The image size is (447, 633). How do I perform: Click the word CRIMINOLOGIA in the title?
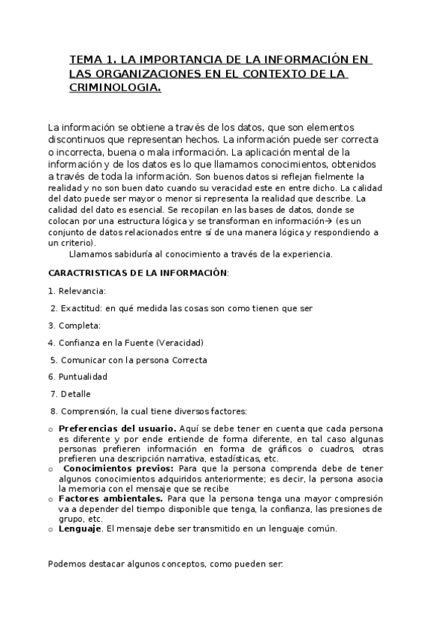115,88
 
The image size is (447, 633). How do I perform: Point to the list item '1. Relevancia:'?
77,290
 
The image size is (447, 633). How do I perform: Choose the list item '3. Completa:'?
74,325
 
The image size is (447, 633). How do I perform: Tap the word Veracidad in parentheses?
179,343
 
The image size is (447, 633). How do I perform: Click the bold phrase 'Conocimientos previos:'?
120,468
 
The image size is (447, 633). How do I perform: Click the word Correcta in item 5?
190,360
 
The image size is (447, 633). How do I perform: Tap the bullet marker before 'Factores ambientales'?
50,499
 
